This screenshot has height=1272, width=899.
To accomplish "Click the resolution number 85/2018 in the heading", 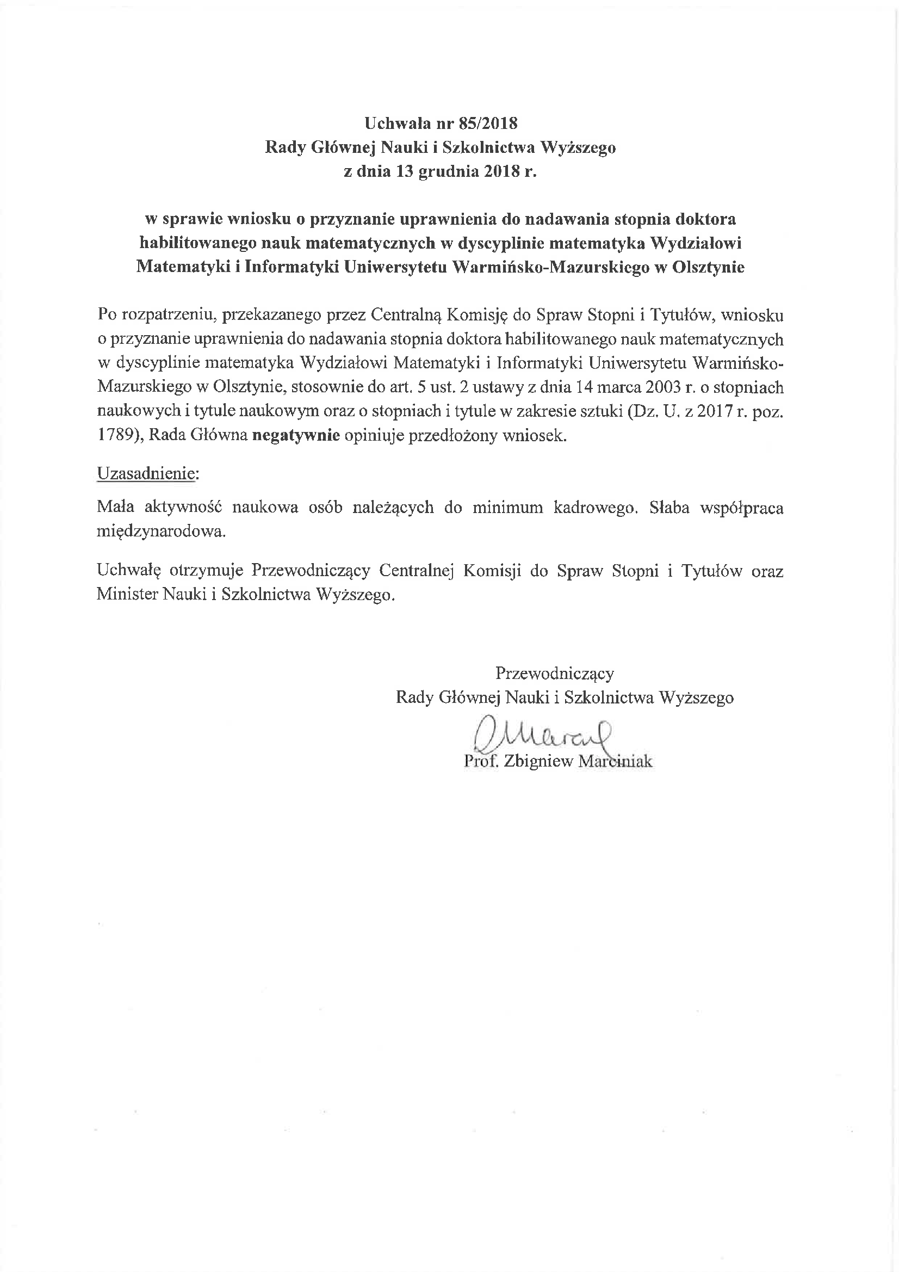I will point(488,123).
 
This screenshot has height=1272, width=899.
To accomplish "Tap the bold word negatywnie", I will point(295,435).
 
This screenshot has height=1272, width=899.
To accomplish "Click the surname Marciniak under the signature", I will point(615,761).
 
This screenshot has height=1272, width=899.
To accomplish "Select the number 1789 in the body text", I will point(115,435).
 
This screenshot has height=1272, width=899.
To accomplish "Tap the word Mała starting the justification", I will point(115,508).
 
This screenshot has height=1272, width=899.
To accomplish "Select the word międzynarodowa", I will point(161,532).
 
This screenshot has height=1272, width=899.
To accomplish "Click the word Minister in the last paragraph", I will point(127,595).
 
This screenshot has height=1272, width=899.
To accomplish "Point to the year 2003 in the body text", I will point(661,387).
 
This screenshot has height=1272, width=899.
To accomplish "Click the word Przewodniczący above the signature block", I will point(554,673).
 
